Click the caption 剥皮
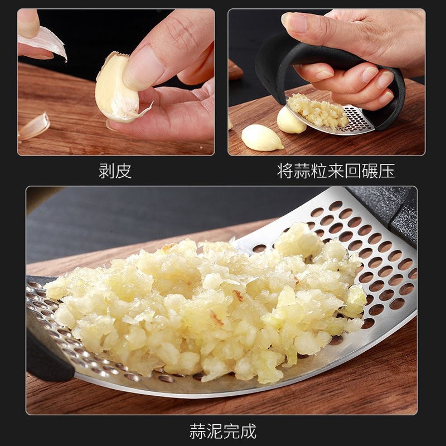(115, 171)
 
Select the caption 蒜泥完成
(222, 430)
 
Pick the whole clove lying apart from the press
(261, 137)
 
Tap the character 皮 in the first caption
(123, 171)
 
